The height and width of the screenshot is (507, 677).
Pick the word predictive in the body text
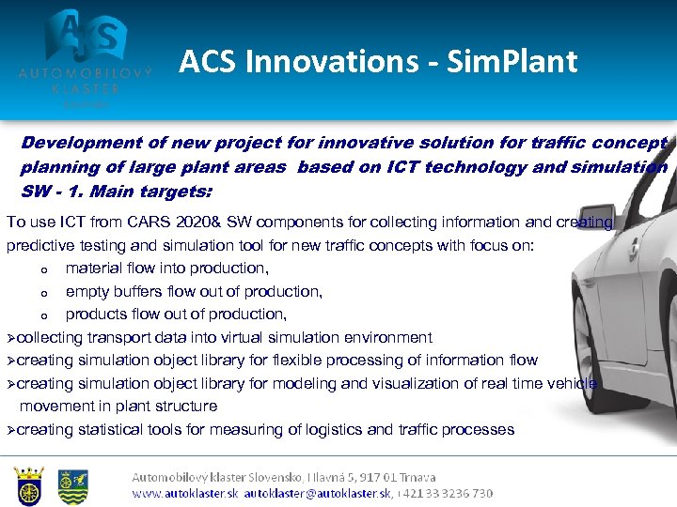[x=38, y=245]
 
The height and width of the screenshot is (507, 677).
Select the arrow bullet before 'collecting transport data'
[x=11, y=337]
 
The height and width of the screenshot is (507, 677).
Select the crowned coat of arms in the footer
[x=29, y=485]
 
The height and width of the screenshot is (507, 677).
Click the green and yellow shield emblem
[x=72, y=485]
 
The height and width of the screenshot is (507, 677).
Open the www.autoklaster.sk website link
[x=185, y=493]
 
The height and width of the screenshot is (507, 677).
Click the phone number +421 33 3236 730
[x=450, y=493]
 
